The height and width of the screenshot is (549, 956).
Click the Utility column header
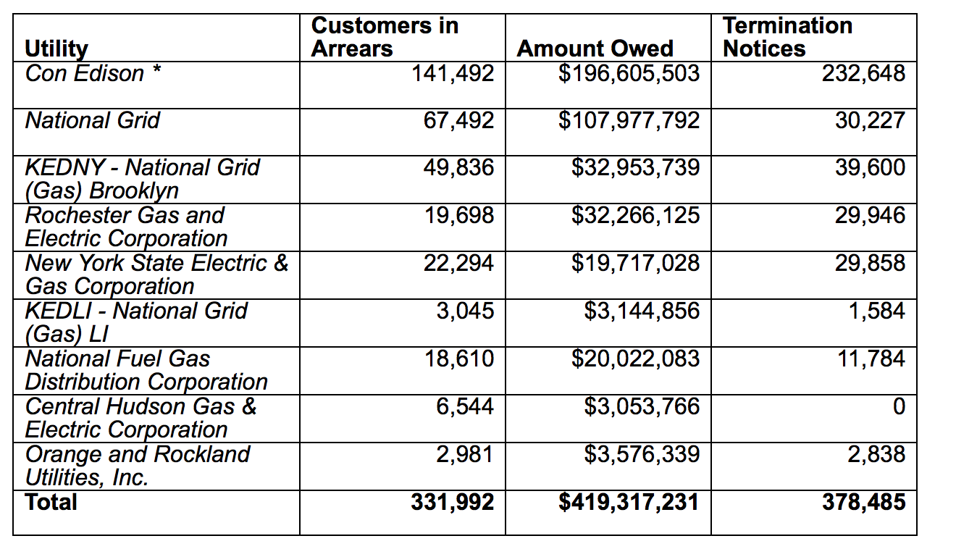pos(56,49)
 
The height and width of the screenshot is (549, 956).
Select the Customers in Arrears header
pos(385,37)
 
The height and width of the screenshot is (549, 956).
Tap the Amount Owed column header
pos(595,49)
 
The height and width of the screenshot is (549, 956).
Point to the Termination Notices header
pos(787,37)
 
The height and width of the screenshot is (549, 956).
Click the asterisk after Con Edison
pos(156,70)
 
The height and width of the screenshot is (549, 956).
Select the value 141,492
pos(453,73)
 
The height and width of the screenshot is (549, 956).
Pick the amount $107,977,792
pos(629,120)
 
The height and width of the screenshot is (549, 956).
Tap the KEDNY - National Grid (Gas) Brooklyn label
pos(142,179)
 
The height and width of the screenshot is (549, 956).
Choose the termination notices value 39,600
pos(871,167)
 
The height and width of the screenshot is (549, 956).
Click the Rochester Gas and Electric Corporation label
pos(126,227)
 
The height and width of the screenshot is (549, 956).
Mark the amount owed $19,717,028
pos(635,263)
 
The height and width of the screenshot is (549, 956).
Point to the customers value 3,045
pos(465,311)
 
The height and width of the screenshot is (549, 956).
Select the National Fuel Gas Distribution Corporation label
pos(146,370)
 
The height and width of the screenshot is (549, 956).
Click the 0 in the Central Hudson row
pos(899,406)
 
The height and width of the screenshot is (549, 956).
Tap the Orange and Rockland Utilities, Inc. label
pos(138,466)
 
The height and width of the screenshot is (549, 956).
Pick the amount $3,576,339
pos(642,454)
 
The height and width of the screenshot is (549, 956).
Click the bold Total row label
pos(51,502)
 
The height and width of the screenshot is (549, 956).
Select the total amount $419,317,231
pos(629,502)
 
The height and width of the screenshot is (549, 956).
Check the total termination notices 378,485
pos(864,502)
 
